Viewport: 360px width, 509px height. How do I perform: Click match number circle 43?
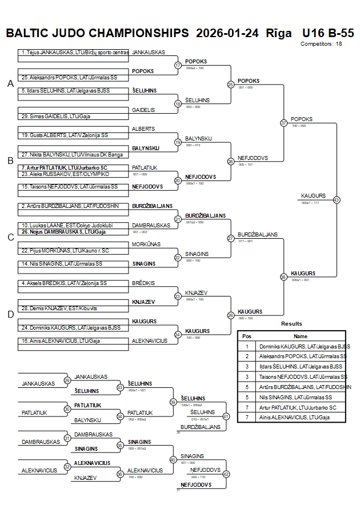click(337, 200)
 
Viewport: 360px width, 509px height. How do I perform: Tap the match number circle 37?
click(283, 123)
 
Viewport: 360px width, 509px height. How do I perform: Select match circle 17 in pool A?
click(178, 65)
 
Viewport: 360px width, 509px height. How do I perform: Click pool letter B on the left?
click(10, 161)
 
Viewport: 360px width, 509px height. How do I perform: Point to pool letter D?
click(10, 314)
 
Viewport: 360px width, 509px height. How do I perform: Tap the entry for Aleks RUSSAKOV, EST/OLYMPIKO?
click(66, 174)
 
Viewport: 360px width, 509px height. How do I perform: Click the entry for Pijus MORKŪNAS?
click(65, 251)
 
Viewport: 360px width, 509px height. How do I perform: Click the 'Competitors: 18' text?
click(321, 44)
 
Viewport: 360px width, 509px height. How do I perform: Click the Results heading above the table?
click(291, 324)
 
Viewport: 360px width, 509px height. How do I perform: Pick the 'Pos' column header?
click(247, 336)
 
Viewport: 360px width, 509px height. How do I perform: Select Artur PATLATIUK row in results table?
click(301, 407)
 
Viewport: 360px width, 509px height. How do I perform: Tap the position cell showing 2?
click(247, 356)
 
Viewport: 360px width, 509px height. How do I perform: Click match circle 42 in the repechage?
click(226, 474)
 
